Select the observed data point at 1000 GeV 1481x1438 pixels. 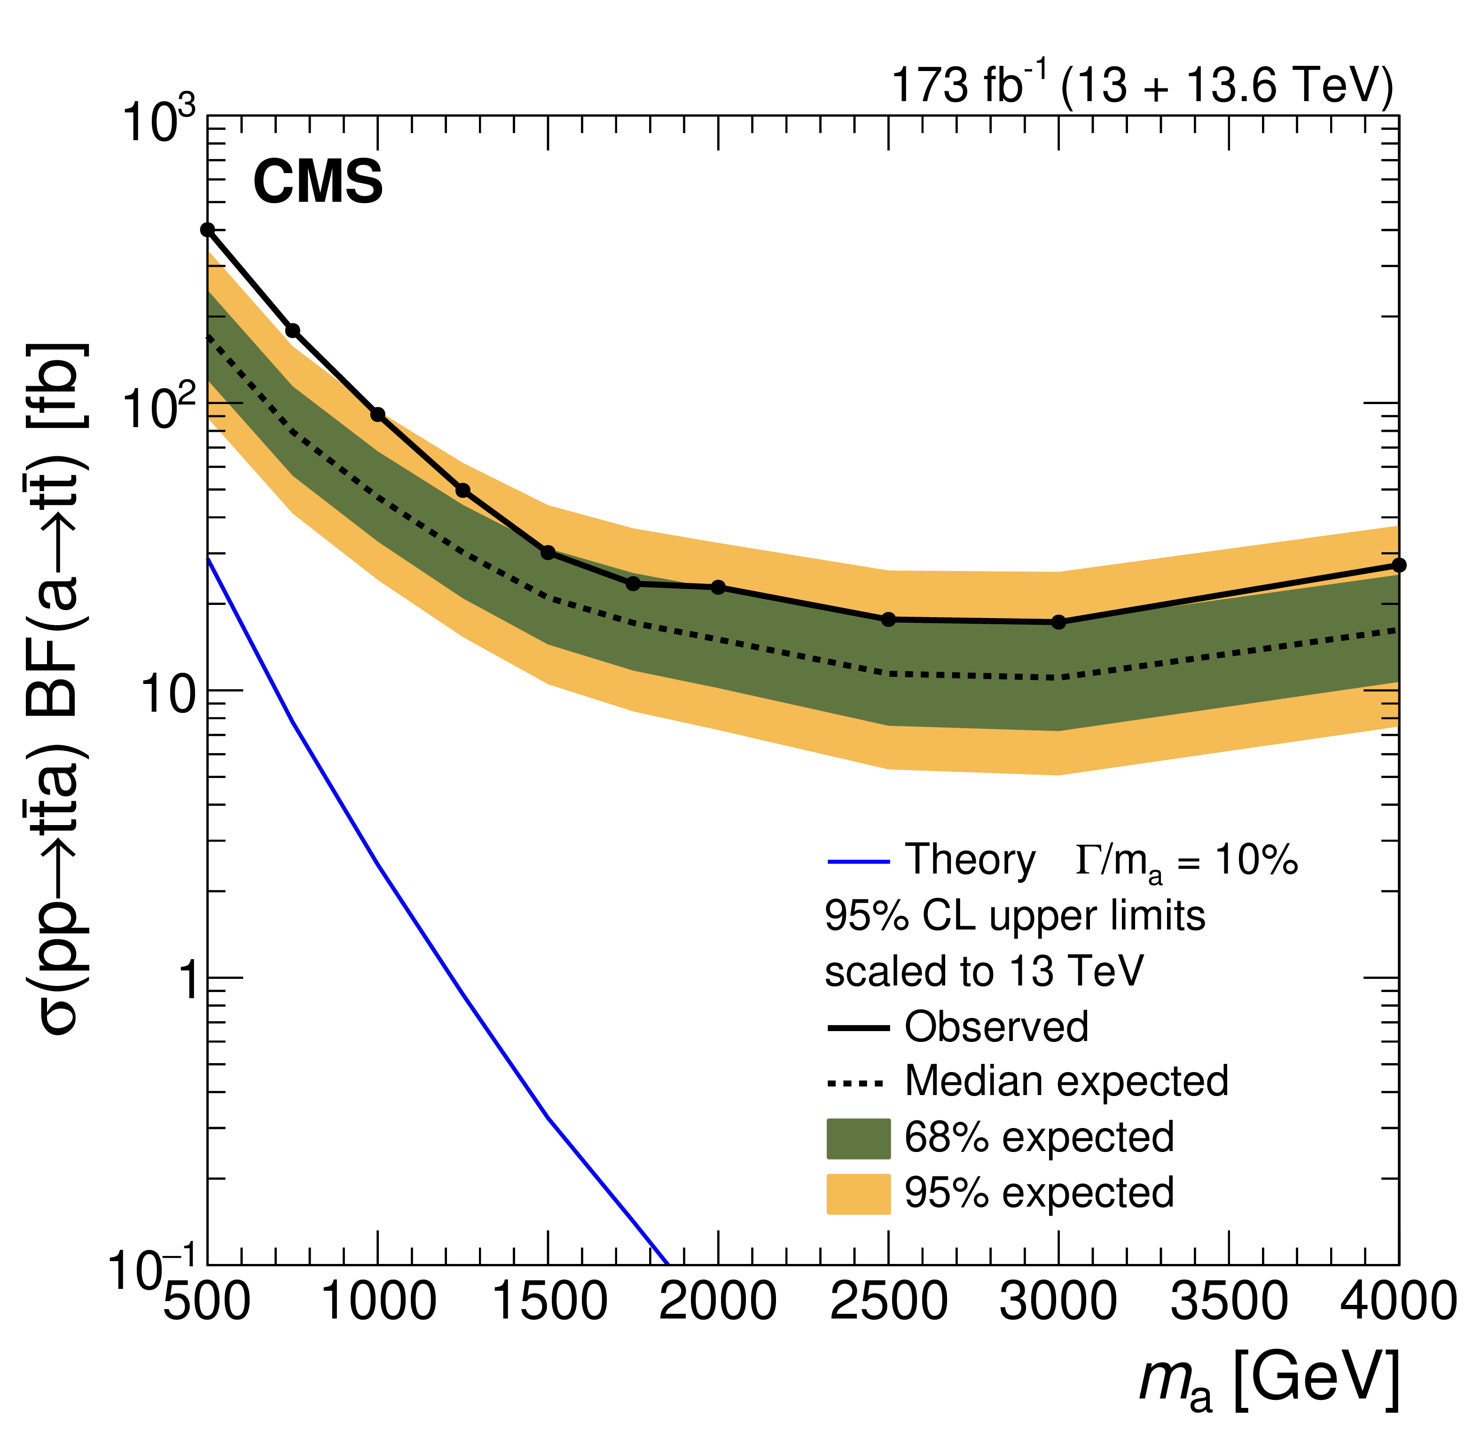click(x=378, y=414)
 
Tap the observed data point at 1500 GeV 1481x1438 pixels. click(x=549, y=553)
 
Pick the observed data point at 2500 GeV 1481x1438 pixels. click(x=889, y=619)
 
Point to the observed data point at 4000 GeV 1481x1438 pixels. click(x=1399, y=565)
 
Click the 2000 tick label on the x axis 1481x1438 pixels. click(x=718, y=1302)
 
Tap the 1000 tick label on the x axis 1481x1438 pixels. click(x=378, y=1302)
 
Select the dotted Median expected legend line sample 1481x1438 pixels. click(x=856, y=1083)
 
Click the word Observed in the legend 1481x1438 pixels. click(x=996, y=1027)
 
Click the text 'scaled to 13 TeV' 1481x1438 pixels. click(x=984, y=971)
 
